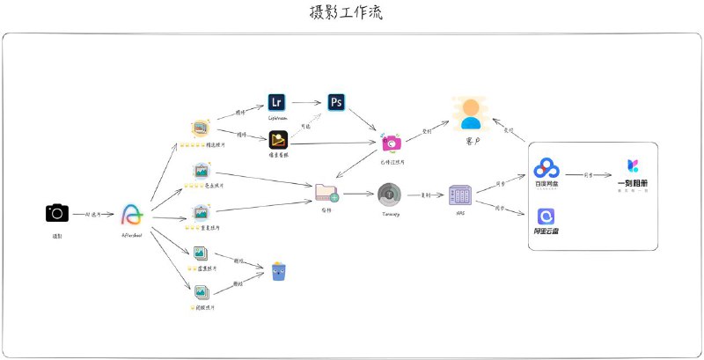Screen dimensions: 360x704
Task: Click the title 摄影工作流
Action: point(347,13)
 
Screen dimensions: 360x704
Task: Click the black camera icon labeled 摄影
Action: point(57,213)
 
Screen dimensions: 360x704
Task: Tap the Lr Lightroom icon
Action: point(278,102)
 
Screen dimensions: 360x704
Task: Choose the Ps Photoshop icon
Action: point(336,102)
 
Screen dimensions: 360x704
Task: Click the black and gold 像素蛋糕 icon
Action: point(278,140)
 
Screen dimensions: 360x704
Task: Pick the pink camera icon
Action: point(392,142)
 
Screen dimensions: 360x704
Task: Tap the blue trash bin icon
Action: point(279,270)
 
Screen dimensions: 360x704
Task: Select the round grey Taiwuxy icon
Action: point(390,194)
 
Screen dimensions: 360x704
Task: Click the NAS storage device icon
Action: point(460,195)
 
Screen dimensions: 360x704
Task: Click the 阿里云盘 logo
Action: point(547,217)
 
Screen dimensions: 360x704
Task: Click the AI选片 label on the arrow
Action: point(86,214)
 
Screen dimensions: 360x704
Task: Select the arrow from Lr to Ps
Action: point(307,102)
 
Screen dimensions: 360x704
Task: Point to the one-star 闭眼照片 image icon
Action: point(202,292)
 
